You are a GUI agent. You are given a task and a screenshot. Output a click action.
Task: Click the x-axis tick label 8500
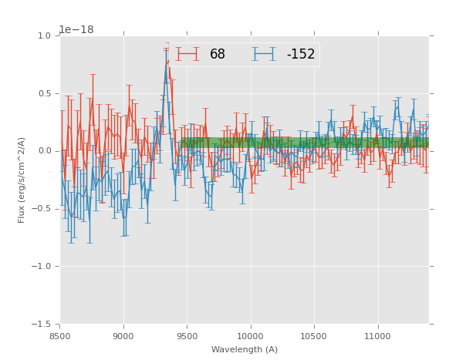click(x=60, y=336)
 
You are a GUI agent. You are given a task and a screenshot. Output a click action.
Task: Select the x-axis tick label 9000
click(x=123, y=336)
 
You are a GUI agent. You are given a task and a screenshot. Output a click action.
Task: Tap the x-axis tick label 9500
click(x=187, y=336)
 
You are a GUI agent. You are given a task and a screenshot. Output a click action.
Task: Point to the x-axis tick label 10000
click(x=251, y=336)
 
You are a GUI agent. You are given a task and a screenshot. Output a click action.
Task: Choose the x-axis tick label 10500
click(x=314, y=336)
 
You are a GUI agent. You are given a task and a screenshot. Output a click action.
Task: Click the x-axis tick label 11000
click(x=377, y=336)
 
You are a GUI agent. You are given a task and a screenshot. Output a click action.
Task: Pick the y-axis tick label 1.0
click(x=45, y=35)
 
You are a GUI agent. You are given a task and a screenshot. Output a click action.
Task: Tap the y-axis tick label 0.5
click(x=45, y=93)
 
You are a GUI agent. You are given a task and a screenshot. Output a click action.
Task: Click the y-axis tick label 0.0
click(x=45, y=151)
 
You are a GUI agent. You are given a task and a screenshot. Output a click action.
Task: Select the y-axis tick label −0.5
click(x=42, y=209)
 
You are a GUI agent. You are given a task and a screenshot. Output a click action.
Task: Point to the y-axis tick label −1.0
click(x=42, y=267)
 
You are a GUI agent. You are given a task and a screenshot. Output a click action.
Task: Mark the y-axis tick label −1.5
click(x=42, y=325)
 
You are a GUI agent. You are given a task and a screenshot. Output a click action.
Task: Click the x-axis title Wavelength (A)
click(x=245, y=349)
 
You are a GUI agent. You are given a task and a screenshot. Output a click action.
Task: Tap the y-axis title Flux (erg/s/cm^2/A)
click(x=22, y=180)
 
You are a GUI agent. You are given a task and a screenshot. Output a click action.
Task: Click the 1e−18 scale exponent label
click(x=76, y=30)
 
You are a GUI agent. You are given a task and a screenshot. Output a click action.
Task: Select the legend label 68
click(x=218, y=55)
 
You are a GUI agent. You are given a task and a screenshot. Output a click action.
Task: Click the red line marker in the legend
click(x=187, y=55)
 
